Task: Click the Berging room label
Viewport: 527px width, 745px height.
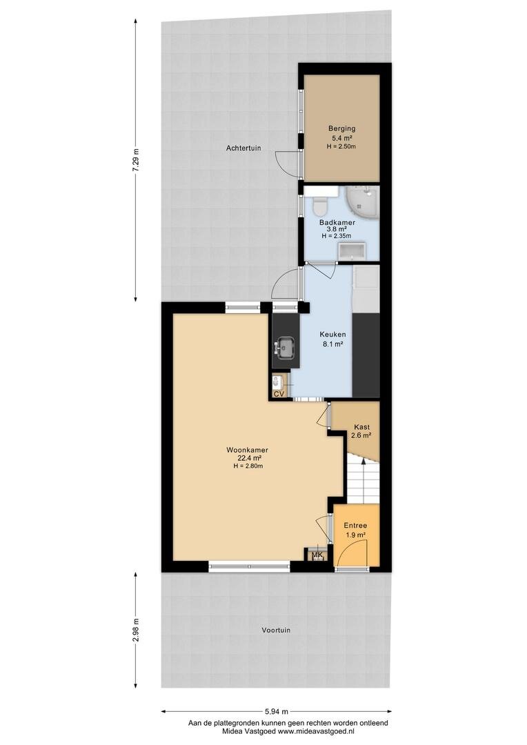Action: (x=341, y=128)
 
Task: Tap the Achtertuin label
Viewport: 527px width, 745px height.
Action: (x=243, y=148)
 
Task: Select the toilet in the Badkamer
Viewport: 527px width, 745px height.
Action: (x=319, y=206)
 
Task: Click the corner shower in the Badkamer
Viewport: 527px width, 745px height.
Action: (x=361, y=201)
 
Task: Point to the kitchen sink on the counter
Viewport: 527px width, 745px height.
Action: (x=285, y=346)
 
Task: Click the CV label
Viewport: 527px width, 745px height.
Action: (x=279, y=394)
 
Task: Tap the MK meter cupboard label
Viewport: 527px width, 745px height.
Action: (x=317, y=555)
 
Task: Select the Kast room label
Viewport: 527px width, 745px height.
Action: (x=361, y=427)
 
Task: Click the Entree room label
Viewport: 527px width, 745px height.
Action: (x=355, y=526)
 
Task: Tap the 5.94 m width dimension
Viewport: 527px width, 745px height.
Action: (x=277, y=712)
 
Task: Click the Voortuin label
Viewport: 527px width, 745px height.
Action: (x=276, y=630)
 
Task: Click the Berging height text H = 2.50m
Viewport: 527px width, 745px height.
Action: (x=341, y=147)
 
